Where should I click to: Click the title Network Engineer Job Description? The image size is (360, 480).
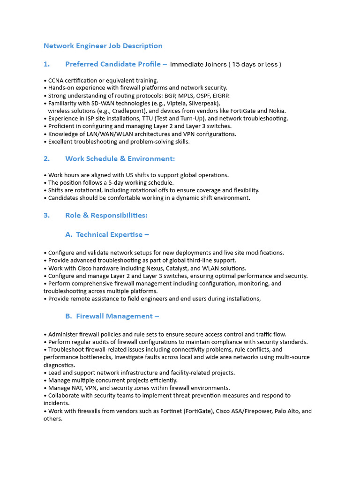(103, 46)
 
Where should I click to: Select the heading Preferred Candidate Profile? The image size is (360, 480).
(113, 64)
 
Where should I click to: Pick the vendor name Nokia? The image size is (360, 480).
(276, 111)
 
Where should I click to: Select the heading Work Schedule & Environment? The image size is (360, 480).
(120, 159)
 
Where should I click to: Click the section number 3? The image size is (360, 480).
(46, 216)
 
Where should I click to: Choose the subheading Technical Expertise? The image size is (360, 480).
(110, 234)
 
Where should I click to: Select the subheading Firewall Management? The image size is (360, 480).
(115, 316)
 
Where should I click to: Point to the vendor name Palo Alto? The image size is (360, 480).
(285, 411)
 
